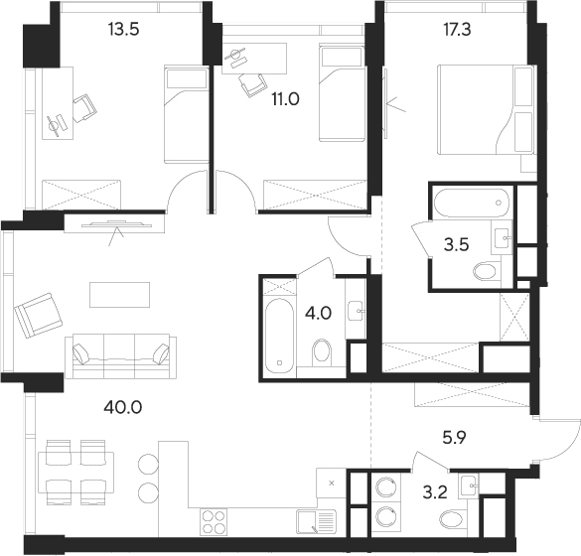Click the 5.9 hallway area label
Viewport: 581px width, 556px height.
[x=454, y=434]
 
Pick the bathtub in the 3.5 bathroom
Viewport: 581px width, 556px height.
[x=471, y=206]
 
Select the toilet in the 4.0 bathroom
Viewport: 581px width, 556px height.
[x=322, y=352]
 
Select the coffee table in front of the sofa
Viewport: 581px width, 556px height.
[x=119, y=295]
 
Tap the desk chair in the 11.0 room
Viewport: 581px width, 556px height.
[x=249, y=85]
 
